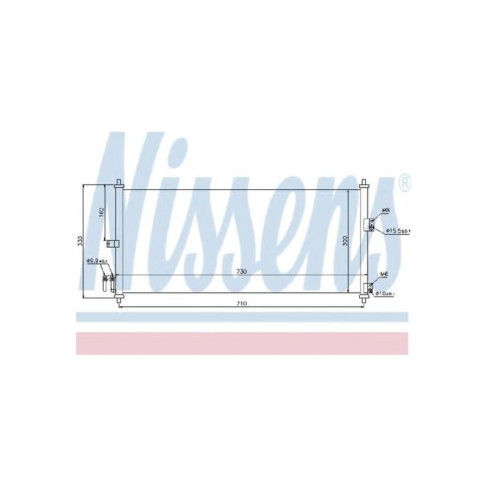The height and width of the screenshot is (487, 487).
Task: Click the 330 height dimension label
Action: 80,241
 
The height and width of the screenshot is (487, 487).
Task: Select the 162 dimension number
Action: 102,214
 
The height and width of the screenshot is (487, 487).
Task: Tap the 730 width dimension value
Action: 242,272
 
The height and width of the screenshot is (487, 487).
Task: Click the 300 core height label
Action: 345,240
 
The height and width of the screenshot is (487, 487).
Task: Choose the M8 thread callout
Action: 385,211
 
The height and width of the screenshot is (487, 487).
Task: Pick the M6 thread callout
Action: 384,275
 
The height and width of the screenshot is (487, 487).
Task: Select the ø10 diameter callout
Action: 385,294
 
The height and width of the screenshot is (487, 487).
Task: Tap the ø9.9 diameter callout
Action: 97,261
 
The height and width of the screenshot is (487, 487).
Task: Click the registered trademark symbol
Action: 404,181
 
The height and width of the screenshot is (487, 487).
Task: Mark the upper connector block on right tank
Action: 369,226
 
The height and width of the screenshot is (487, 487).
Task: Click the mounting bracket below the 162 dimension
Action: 112,244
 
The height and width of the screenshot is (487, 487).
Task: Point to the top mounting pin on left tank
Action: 119,183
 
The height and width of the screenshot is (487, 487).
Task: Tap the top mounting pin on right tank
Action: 364,183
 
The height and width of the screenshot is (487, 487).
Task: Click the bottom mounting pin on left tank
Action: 119,299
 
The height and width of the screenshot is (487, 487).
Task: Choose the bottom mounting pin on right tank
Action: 364,299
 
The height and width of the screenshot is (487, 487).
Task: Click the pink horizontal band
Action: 242,343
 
